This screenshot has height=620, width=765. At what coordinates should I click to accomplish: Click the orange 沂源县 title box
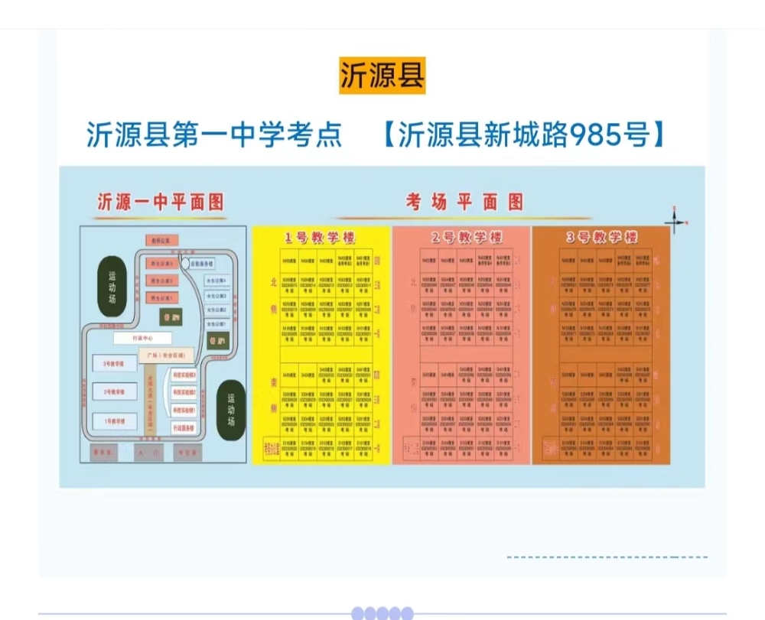point(382,76)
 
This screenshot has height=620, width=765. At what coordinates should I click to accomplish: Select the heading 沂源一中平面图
point(161,202)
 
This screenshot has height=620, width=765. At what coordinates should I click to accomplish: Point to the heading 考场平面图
point(465,202)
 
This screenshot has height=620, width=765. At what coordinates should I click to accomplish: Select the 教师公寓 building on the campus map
point(162,239)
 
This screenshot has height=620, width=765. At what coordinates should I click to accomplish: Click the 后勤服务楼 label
point(201,263)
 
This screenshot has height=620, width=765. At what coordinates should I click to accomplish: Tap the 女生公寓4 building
point(216,281)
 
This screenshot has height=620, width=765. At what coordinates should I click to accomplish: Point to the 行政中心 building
point(143,337)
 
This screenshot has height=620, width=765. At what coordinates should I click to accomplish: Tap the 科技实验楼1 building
point(184,409)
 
